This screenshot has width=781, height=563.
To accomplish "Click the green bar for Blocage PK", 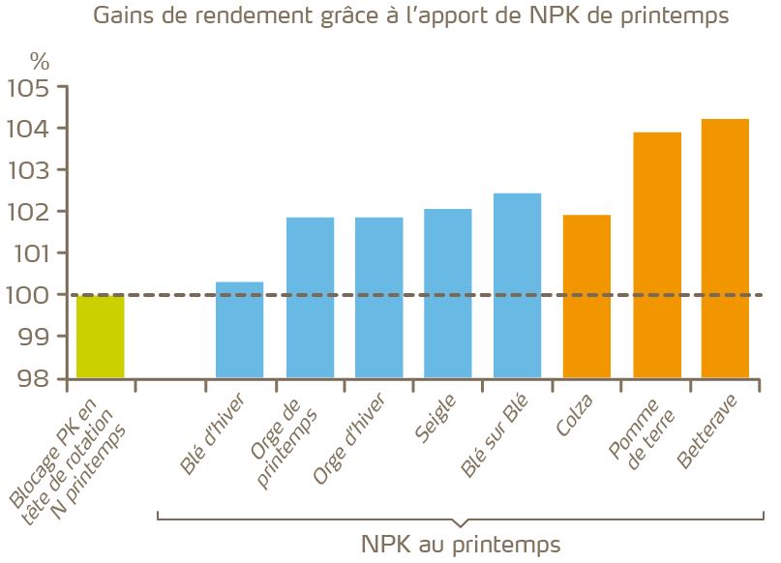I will [x=101, y=336].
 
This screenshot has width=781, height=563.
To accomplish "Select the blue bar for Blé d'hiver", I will [x=239, y=330].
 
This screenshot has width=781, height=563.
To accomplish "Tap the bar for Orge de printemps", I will [x=310, y=297].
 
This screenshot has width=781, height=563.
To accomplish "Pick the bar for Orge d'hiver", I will [x=379, y=297].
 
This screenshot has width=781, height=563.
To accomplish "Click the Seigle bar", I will [x=448, y=293].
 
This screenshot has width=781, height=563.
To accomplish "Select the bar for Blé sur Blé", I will [x=518, y=285].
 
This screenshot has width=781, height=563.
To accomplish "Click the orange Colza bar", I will [x=586, y=296].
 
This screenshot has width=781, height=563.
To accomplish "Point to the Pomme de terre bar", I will [x=656, y=254].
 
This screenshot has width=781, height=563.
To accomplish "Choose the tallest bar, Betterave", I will [x=726, y=248].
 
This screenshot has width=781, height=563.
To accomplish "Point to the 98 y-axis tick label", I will [x=33, y=378].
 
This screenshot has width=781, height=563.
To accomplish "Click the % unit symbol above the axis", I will [x=38, y=60].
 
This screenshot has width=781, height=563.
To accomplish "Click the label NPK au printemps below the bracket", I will [x=461, y=544].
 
